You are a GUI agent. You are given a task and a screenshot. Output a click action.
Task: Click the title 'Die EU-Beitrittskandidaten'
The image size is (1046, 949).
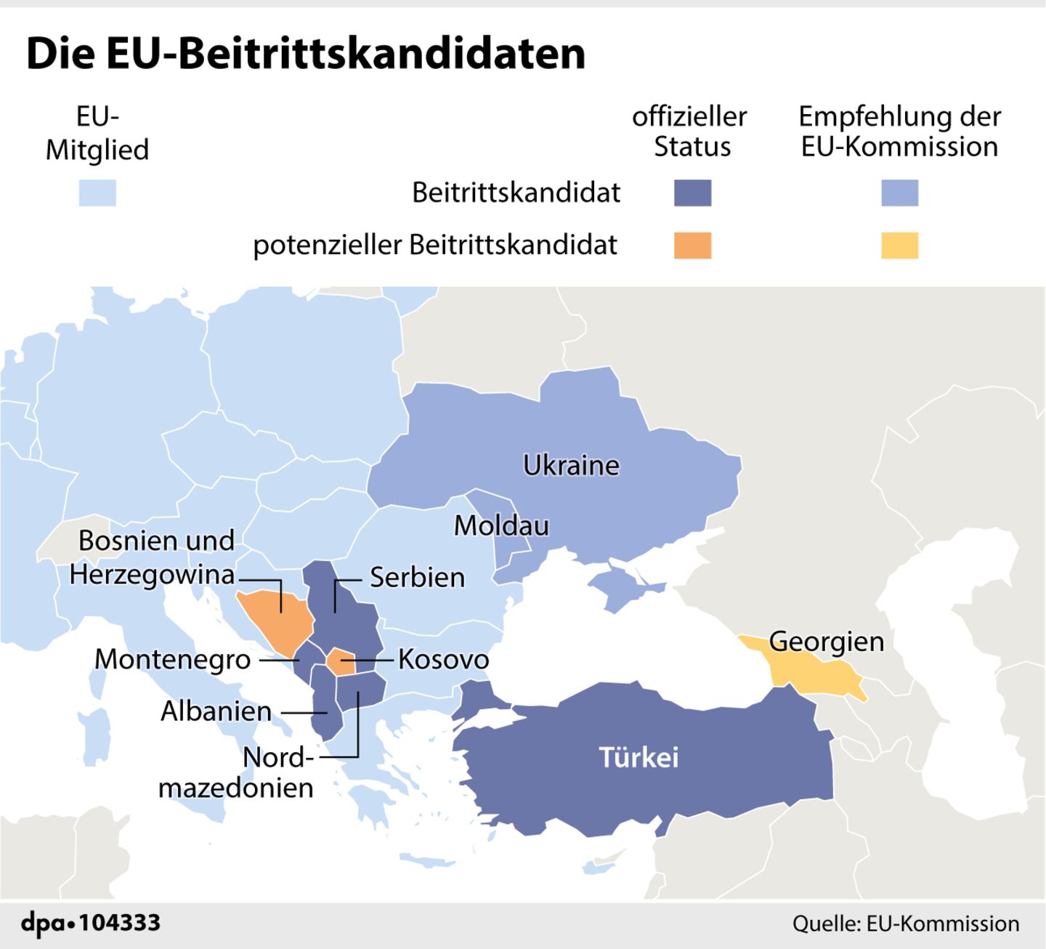(305, 54)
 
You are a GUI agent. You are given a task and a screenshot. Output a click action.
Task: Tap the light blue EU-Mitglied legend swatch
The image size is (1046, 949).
(97, 193)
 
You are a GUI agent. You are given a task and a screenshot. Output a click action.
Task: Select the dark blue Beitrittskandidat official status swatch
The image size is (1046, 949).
(692, 193)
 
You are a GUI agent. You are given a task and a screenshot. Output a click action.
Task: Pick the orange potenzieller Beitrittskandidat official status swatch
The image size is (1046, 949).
(692, 246)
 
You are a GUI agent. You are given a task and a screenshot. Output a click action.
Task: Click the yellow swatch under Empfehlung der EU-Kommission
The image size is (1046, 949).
(899, 246)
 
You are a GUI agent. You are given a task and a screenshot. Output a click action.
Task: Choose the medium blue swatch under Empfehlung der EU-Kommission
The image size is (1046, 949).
(899, 193)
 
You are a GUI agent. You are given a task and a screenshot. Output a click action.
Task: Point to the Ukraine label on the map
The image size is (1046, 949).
(571, 466)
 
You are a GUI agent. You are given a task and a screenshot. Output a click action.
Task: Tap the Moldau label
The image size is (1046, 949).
(501, 525)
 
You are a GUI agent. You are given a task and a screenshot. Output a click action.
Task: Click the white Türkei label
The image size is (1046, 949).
(638, 758)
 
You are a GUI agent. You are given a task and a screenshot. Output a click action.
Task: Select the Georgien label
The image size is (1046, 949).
(826, 642)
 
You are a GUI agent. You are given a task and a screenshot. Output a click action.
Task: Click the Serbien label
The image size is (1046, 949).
(417, 578)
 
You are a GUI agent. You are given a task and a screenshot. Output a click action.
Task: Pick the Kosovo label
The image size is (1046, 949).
(443, 660)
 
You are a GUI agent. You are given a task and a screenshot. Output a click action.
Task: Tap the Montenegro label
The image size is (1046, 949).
(172, 660)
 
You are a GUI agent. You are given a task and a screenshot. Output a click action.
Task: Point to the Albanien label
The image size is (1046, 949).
(216, 711)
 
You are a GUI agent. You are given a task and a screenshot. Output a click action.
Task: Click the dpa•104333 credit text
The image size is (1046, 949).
(91, 924)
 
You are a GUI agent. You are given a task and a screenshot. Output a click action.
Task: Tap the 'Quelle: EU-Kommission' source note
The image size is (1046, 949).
(905, 924)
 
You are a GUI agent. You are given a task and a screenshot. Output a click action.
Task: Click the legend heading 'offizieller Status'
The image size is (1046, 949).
(689, 132)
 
